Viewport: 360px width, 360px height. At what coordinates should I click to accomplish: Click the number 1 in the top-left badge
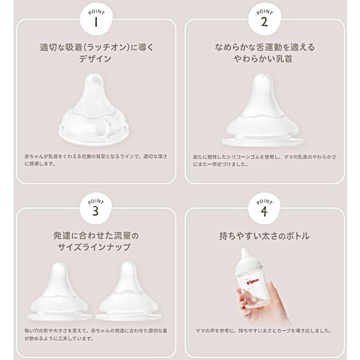pyautogui.click(x=96, y=22)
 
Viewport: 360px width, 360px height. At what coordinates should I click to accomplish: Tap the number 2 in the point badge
pyautogui.click(x=264, y=22)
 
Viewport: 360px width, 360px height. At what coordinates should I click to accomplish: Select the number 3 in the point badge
pyautogui.click(x=96, y=211)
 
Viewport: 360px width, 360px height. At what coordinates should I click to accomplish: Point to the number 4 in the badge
pyautogui.click(x=264, y=211)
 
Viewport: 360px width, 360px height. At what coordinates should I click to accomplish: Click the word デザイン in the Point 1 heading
pyautogui.click(x=96, y=59)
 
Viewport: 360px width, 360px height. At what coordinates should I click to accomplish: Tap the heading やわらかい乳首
pyautogui.click(x=264, y=59)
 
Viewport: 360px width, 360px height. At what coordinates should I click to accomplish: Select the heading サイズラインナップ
pyautogui.click(x=96, y=247)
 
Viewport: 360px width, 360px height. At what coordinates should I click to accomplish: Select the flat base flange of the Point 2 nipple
pyautogui.click(x=262, y=142)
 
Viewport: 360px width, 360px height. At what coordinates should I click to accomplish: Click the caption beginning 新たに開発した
pyautogui.click(x=264, y=160)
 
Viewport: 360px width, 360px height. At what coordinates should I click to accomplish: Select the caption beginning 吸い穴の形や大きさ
pyautogui.click(x=95, y=334)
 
